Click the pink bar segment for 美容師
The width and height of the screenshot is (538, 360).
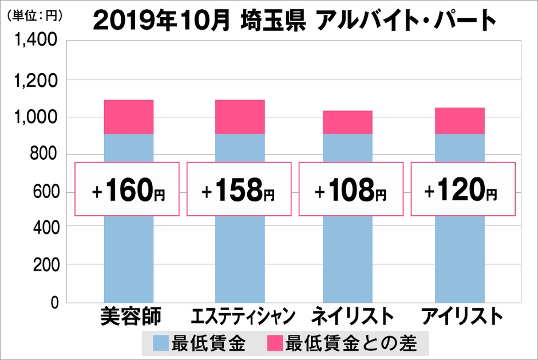(x=129, y=117)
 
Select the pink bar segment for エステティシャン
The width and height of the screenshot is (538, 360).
(x=240, y=117)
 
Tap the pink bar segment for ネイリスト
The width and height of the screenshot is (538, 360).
(x=347, y=122)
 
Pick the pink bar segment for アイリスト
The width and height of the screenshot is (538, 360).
(x=460, y=120)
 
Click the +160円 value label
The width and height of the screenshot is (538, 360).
(x=128, y=189)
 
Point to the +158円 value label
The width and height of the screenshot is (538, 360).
(x=239, y=189)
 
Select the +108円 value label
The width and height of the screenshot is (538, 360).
(x=350, y=189)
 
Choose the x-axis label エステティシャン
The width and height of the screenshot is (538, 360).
(x=243, y=317)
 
